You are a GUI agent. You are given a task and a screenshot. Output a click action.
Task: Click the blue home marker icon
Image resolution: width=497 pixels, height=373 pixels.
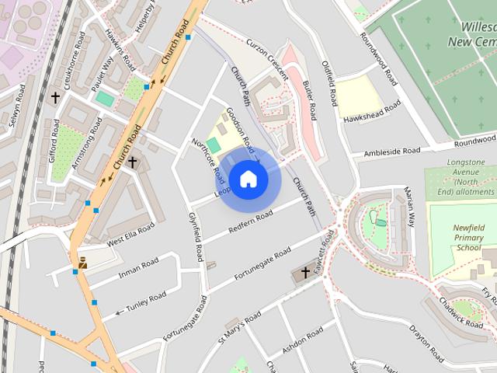point(248,180)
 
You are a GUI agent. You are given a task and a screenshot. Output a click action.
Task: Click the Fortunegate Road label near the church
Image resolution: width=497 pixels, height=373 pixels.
point(262,267)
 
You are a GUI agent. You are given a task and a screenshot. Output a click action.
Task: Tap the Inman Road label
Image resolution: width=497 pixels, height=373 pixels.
point(138,268)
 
